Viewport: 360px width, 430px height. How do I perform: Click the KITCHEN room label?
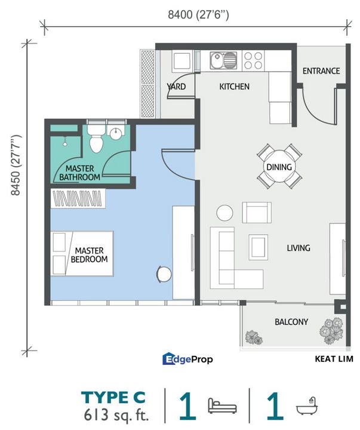click(234, 87)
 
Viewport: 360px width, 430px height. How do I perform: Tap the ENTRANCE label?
click(321, 71)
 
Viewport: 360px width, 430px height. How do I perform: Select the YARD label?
click(176, 87)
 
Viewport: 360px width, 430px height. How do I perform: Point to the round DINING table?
click(279, 167)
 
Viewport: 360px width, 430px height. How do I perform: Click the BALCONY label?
click(291, 322)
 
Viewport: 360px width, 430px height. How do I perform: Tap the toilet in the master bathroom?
click(96, 139)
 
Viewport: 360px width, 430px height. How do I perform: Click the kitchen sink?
click(223, 60)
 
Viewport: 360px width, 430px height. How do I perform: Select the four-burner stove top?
click(253, 60)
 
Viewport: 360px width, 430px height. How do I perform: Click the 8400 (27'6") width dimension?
click(198, 14)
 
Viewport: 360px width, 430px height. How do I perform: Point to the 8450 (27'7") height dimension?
click(16, 165)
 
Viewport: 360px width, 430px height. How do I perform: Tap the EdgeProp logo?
click(187, 359)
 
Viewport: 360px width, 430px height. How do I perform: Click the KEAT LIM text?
click(334, 359)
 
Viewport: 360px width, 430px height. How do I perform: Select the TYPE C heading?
click(113, 397)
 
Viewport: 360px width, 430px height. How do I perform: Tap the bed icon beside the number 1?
click(222, 407)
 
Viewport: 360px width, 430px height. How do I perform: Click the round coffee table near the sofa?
click(224, 213)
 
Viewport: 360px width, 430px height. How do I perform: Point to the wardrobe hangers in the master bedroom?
click(78, 198)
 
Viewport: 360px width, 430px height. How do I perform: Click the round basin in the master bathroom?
click(116, 134)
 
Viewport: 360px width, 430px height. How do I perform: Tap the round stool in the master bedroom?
click(164, 274)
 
